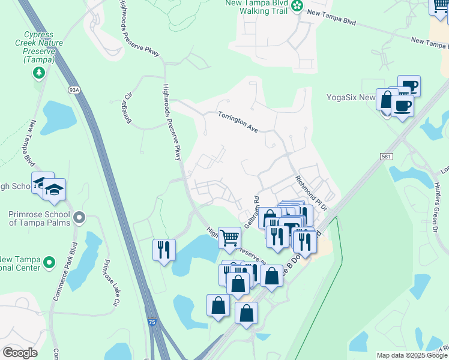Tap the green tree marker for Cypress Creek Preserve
click(39, 73)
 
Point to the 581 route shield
click(387, 156)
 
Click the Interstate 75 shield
click(153, 322)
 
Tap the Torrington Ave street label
click(238, 122)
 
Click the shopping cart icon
click(229, 238)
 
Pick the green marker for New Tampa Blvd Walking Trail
click(297, 6)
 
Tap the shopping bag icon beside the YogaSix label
click(387, 99)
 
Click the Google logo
click(20, 353)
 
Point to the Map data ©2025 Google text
click(411, 355)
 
